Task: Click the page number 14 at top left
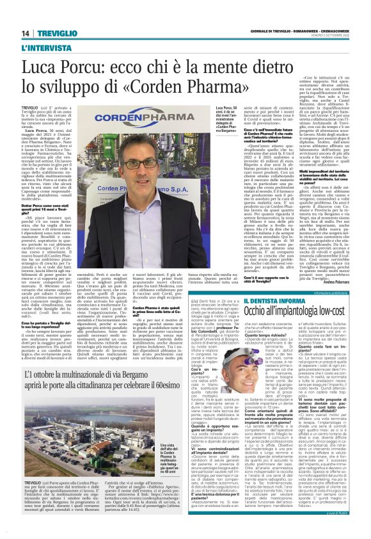pos(26,34)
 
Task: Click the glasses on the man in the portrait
pos(154,165)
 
